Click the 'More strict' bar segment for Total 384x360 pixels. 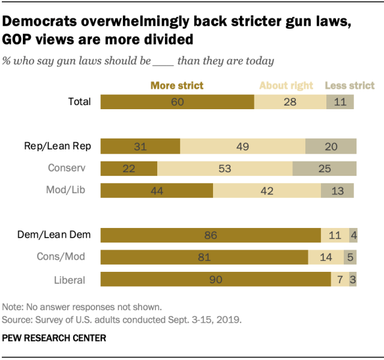(177, 101)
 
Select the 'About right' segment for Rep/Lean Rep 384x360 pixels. (242, 146)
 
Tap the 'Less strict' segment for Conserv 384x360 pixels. (325, 168)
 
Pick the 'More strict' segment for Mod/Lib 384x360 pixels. (157, 190)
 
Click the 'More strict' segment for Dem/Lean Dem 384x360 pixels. (210, 235)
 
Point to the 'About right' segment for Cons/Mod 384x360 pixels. (326, 257)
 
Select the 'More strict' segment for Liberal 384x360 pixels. (215, 279)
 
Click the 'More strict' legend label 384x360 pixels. (177, 85)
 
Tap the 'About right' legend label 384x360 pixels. (286, 85)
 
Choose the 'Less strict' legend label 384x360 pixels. (350, 85)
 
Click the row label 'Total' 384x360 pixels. (79, 101)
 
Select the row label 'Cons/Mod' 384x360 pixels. (70, 257)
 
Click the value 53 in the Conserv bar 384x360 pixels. (224, 168)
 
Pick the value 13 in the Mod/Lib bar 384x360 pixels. (337, 190)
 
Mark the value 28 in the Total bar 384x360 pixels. (290, 101)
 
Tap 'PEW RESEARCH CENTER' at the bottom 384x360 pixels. (55, 338)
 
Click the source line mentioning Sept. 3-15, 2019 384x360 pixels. (122, 319)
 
